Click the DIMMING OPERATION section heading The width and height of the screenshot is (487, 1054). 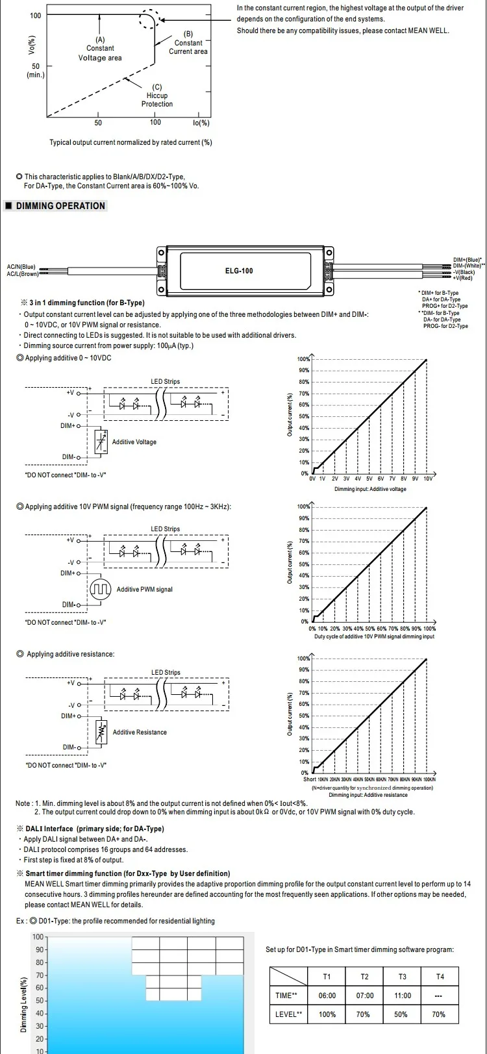point(60,206)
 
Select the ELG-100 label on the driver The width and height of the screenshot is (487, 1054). point(239,270)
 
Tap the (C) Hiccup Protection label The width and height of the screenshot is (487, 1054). point(157,95)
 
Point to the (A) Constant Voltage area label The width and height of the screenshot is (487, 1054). point(100,49)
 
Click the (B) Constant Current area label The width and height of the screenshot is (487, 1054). point(188,43)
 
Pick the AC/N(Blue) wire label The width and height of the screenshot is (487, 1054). point(21,266)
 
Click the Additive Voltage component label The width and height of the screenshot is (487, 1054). point(134,442)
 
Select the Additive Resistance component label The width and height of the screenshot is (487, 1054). point(140,733)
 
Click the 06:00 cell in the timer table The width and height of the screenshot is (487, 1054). point(327,996)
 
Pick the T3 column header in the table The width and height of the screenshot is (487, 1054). point(402,977)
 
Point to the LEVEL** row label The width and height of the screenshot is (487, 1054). point(289,1014)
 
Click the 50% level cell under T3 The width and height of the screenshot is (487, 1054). point(401,1014)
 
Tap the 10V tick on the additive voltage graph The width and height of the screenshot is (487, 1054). point(428,479)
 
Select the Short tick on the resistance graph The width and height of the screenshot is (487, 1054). point(310,779)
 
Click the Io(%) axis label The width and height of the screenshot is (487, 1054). point(201,123)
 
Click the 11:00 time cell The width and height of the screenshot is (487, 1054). point(403,996)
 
